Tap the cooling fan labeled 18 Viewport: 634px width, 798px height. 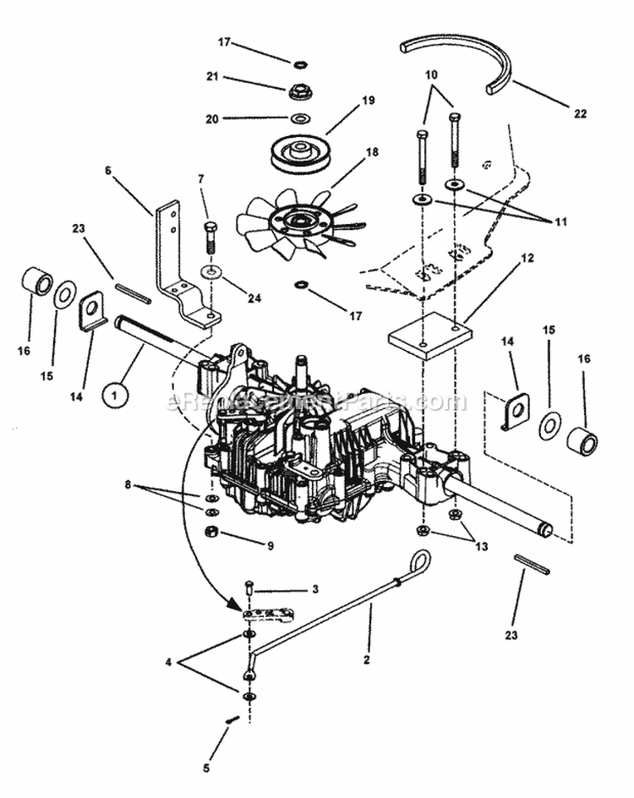click(x=296, y=221)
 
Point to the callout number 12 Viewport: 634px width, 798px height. click(x=527, y=258)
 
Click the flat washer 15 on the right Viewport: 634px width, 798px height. click(x=550, y=426)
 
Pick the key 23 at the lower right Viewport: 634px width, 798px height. click(x=532, y=564)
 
